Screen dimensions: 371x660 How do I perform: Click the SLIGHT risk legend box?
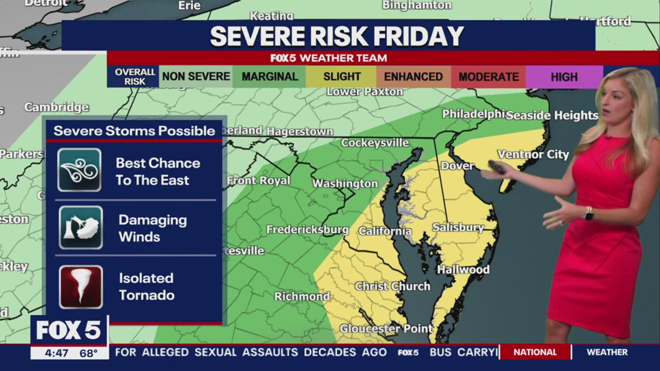tap(341, 77)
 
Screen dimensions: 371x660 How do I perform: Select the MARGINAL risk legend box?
tap(269, 77)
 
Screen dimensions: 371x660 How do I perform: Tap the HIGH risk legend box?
tap(564, 77)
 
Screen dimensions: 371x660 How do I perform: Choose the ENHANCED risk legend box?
tap(413, 77)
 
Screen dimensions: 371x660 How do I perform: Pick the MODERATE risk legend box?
tap(488, 77)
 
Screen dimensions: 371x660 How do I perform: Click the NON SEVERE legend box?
tap(196, 77)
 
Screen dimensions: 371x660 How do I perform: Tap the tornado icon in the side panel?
tap(80, 286)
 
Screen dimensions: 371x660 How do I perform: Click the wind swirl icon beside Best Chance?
tap(79, 170)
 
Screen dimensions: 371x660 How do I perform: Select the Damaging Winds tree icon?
tap(80, 228)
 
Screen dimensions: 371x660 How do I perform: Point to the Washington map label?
tap(345, 183)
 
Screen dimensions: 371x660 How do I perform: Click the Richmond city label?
tap(302, 296)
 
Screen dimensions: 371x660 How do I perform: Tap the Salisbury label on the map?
tap(458, 227)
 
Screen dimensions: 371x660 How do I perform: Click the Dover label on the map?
tap(457, 165)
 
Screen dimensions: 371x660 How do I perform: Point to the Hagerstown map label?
tap(300, 131)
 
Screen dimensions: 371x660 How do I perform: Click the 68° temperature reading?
tap(88, 353)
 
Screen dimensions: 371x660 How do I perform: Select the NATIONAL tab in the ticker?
tap(535, 352)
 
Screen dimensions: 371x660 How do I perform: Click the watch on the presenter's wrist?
tap(588, 213)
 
